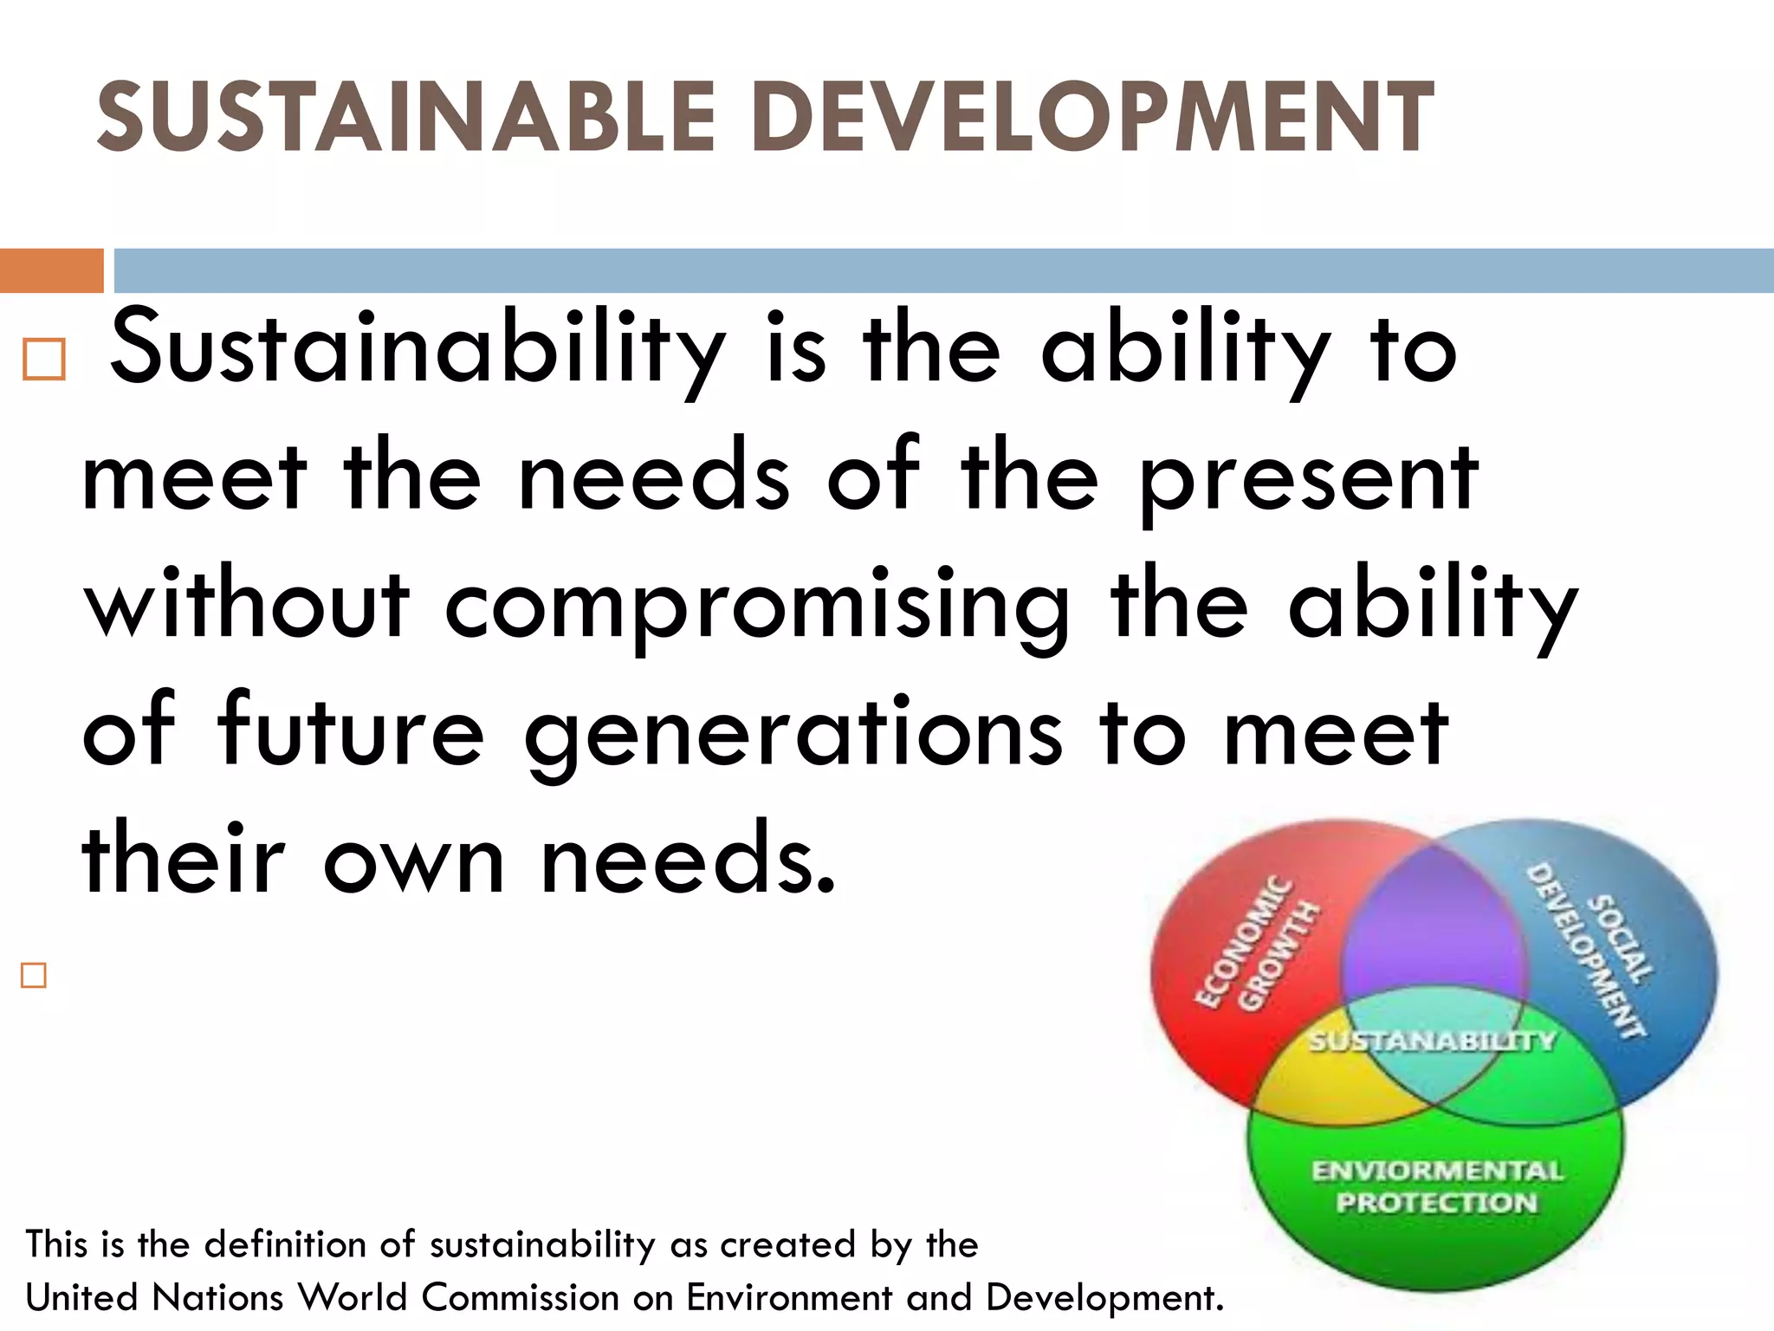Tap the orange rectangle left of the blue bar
(51, 270)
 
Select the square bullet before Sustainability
(43, 360)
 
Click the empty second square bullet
(34, 975)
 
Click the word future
(351, 732)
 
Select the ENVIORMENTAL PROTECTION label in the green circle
(1436, 1186)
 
